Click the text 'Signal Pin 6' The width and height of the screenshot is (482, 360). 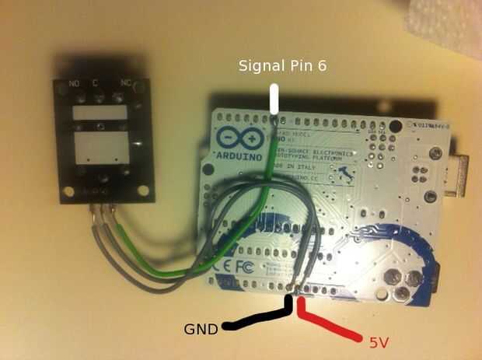coord(281,66)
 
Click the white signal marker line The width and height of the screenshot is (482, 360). coord(274,101)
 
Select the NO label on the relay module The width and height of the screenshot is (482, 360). coord(75,82)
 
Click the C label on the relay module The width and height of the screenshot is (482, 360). coord(96,82)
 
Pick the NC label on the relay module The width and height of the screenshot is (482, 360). coord(125,82)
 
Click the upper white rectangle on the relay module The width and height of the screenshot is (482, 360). coord(99,113)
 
